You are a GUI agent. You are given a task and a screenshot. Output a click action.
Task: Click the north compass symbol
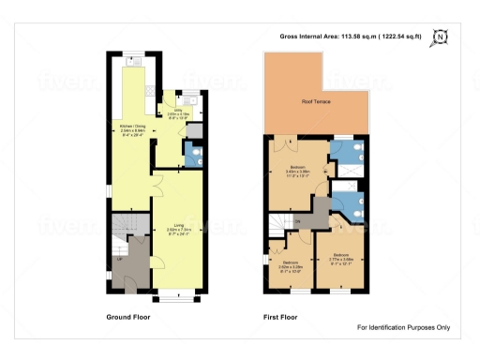point(442,38)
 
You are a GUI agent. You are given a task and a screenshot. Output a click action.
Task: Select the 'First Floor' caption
point(282,318)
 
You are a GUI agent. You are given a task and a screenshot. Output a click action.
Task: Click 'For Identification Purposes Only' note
point(404,327)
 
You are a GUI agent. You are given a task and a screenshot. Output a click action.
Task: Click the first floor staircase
point(277,225)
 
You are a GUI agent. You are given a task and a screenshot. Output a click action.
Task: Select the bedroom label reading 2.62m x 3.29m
point(292,264)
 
